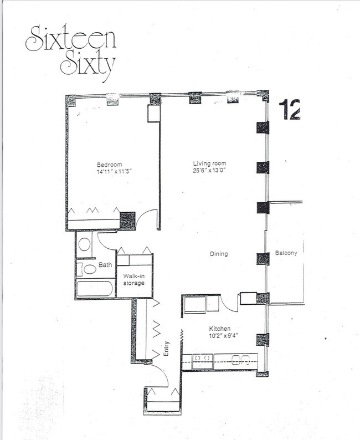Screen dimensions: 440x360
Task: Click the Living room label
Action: [210, 163]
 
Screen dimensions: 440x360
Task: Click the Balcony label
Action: [286, 253]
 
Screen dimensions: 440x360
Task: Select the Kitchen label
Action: [219, 328]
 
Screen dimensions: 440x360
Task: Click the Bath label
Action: [105, 265]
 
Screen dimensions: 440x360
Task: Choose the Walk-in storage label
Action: [133, 279]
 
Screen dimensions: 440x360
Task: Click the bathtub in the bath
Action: [95, 289]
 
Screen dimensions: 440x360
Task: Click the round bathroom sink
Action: [85, 244]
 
